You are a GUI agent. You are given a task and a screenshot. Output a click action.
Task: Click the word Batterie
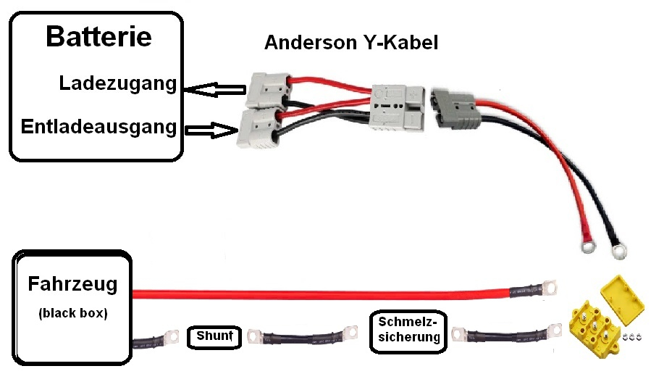98,37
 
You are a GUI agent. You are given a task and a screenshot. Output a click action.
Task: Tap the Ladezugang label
118,83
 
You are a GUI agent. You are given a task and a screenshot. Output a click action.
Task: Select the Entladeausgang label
99,127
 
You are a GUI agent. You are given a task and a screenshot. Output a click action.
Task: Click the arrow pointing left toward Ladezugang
213,90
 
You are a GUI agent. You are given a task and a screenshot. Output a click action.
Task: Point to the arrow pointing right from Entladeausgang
212,130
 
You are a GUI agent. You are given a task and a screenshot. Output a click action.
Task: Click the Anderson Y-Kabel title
350,42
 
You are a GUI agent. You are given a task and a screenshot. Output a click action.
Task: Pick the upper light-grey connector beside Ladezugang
266,89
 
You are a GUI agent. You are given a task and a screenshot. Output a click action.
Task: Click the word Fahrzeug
72,284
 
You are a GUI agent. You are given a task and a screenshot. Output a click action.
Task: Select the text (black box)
72,314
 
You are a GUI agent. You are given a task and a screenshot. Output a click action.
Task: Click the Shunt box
213,336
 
